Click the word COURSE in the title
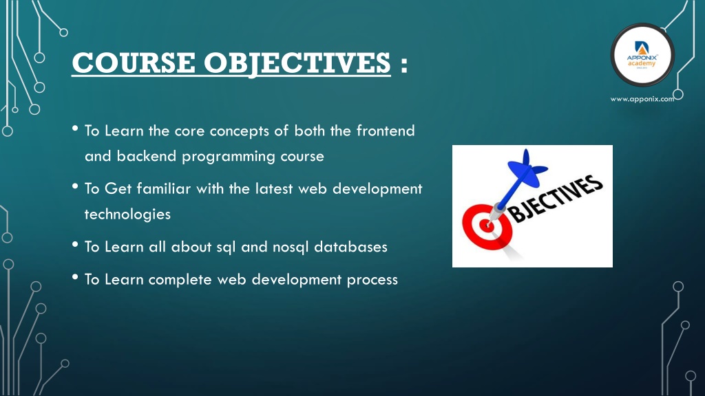point(134,63)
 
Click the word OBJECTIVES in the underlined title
point(297,64)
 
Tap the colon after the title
point(403,64)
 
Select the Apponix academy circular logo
point(642,55)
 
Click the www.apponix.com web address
point(642,99)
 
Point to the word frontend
point(386,131)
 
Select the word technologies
point(127,214)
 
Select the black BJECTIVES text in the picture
point(556,199)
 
